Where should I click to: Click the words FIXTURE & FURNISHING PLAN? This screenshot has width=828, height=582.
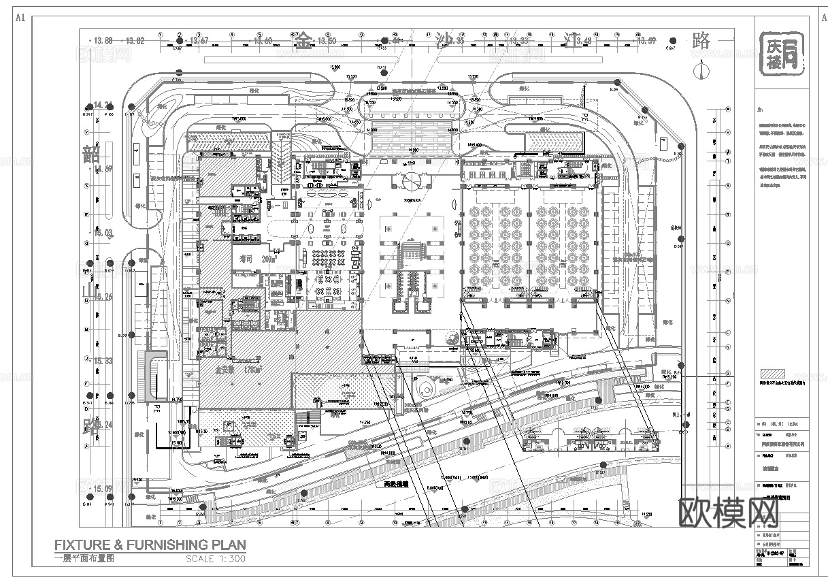coord(150,545)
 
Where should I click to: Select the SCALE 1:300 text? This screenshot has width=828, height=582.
coord(215,559)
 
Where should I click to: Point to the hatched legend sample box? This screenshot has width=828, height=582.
coord(772,374)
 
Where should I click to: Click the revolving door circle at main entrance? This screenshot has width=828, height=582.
coord(411,180)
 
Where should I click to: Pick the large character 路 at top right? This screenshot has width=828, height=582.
coord(701,40)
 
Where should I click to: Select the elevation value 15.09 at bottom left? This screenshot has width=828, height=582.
coord(103,489)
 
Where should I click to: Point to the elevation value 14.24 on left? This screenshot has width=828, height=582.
coord(103,106)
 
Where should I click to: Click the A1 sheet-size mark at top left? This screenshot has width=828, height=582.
coord(20,18)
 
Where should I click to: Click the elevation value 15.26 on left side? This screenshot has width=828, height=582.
coord(103,297)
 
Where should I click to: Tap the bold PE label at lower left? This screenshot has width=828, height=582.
coord(156,410)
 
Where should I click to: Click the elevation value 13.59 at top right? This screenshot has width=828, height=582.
coord(646,42)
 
